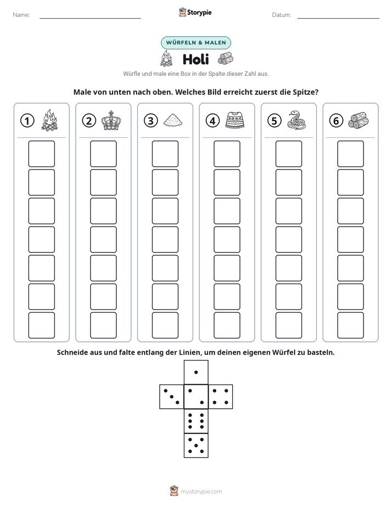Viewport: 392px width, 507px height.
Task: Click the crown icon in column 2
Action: coord(111,121)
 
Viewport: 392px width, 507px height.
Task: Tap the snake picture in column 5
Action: coord(296,120)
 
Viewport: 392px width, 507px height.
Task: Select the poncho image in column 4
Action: coord(235,120)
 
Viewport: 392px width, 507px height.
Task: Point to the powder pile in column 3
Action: coord(173,120)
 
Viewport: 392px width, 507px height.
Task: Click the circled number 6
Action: coord(336,121)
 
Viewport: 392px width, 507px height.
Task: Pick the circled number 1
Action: coord(27,121)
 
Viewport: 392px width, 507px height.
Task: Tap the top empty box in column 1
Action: coord(41,154)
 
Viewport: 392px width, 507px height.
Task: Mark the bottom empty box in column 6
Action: coord(350,325)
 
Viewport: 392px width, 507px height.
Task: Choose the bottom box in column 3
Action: coord(165,325)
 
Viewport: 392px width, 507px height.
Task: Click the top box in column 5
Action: coord(288,154)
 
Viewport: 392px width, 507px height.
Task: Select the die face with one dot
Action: coord(196,372)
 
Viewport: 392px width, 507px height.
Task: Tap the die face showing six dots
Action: coord(196,421)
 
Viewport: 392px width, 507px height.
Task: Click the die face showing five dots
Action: coord(196,445)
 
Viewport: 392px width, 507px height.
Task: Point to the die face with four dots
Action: coord(221,396)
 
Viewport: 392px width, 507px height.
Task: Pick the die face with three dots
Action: coord(172,396)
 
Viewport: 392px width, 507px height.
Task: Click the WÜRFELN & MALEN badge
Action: coord(196,43)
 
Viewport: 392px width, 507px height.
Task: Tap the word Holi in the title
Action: coord(195,59)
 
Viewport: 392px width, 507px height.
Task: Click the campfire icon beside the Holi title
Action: coord(166,59)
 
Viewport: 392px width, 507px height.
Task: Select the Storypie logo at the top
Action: coord(195,12)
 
